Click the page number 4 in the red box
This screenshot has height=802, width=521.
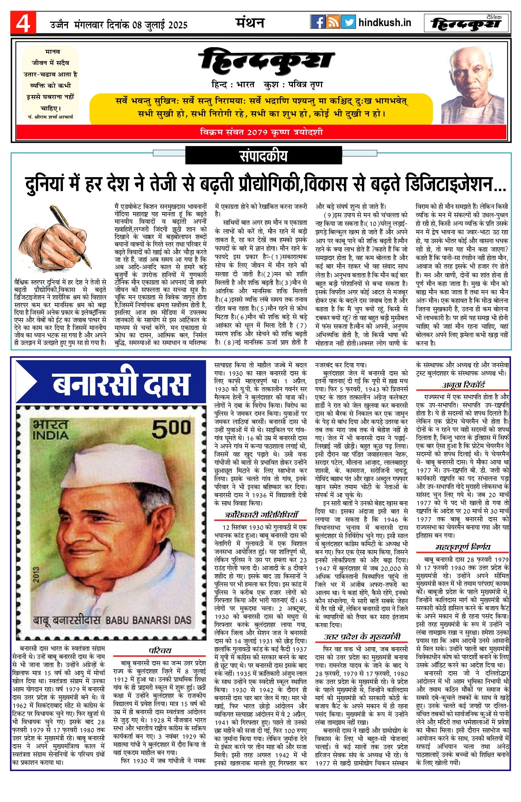tap(23, 23)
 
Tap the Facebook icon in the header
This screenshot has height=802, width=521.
tap(318, 22)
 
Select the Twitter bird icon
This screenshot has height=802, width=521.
tap(348, 22)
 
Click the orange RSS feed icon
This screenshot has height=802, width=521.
tap(333, 22)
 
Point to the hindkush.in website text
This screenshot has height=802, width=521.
tap(385, 23)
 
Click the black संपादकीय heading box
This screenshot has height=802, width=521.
tap(264, 156)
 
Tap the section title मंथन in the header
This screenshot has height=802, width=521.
tap(250, 23)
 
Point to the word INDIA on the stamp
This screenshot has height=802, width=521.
tap(50, 435)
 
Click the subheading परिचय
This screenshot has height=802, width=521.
tap(160, 650)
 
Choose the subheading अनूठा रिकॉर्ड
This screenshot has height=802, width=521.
tap(463, 385)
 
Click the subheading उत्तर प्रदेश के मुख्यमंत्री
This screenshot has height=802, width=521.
tap(362, 637)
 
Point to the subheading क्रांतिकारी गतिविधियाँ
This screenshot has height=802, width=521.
tap(261, 515)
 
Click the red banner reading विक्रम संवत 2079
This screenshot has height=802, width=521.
tap(261, 132)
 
